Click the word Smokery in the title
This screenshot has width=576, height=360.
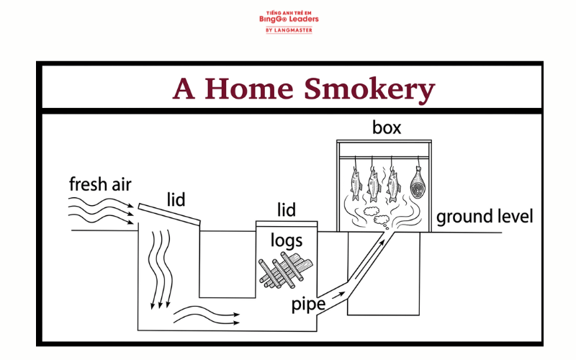[x=369, y=89]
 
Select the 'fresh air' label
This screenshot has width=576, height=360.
[x=100, y=184]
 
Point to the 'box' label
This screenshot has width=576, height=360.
[x=387, y=127]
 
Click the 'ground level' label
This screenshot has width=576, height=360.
[x=485, y=217]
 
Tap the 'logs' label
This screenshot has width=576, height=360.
[x=287, y=241]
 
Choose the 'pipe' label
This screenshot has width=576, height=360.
[x=308, y=305]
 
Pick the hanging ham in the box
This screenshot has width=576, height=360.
[x=418, y=183]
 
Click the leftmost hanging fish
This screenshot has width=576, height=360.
[x=356, y=184]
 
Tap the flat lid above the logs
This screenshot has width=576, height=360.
[x=287, y=224]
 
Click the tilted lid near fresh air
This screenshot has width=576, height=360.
[x=169, y=214]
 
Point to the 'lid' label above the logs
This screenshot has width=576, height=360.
[x=287, y=210]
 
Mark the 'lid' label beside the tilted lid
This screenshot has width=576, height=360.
[x=176, y=200]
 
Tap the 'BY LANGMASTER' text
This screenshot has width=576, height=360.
[x=289, y=30]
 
